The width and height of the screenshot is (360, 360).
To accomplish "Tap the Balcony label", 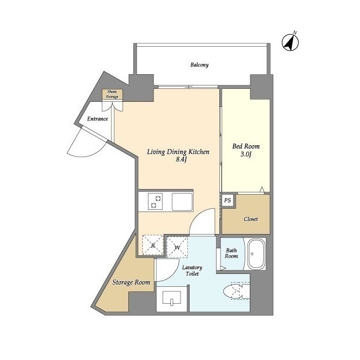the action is click(x=199, y=65).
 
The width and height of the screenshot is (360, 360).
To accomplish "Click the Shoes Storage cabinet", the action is click(x=112, y=94).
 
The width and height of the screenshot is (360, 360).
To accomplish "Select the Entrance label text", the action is click(x=97, y=119).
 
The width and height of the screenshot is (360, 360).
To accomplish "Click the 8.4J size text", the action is click(x=181, y=160).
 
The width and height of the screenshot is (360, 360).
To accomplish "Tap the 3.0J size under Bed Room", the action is click(x=246, y=154).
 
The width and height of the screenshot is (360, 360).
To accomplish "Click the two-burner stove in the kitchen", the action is click(x=155, y=201).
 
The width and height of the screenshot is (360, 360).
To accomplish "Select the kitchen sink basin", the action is click(x=182, y=201).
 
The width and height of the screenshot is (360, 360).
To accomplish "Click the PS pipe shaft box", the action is click(x=227, y=200).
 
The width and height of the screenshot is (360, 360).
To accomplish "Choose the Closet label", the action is click(x=251, y=219).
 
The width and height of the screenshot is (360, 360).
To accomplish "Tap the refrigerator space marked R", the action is click(x=152, y=245).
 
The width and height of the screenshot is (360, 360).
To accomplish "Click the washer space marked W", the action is click(x=177, y=247).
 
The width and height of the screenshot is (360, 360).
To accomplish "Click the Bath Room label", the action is click(x=231, y=253).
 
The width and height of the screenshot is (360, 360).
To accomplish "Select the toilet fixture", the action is click(x=236, y=291).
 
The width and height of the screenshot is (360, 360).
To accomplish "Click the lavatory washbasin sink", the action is click(x=172, y=298).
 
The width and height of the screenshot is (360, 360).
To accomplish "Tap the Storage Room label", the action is click(x=131, y=282).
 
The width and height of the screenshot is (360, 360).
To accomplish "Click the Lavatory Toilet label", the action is click(x=192, y=271).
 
